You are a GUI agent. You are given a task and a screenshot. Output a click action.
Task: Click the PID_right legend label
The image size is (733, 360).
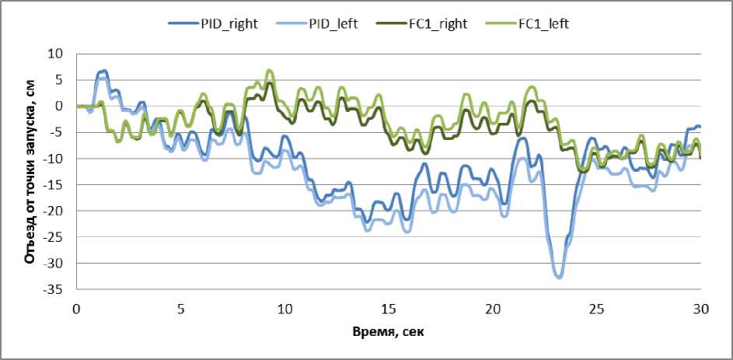click(225, 23)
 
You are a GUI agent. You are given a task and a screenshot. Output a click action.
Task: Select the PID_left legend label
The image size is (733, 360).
click(331, 23)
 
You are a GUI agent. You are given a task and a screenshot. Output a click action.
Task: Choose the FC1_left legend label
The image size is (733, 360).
click(543, 23)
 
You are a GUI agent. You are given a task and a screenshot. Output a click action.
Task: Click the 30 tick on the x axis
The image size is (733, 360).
click(700, 309)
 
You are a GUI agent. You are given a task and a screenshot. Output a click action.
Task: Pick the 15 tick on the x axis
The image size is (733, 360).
click(389, 309)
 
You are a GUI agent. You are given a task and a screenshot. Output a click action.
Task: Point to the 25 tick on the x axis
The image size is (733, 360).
click(597, 309)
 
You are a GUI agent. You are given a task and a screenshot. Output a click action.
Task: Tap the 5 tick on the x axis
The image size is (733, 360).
click(180, 309)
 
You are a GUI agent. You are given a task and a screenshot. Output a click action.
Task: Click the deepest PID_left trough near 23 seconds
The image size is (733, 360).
click(559, 277)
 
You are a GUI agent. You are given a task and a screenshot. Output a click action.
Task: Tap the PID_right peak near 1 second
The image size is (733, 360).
click(102, 71)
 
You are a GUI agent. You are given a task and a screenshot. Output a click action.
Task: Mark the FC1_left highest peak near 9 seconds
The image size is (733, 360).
click(269, 70)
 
